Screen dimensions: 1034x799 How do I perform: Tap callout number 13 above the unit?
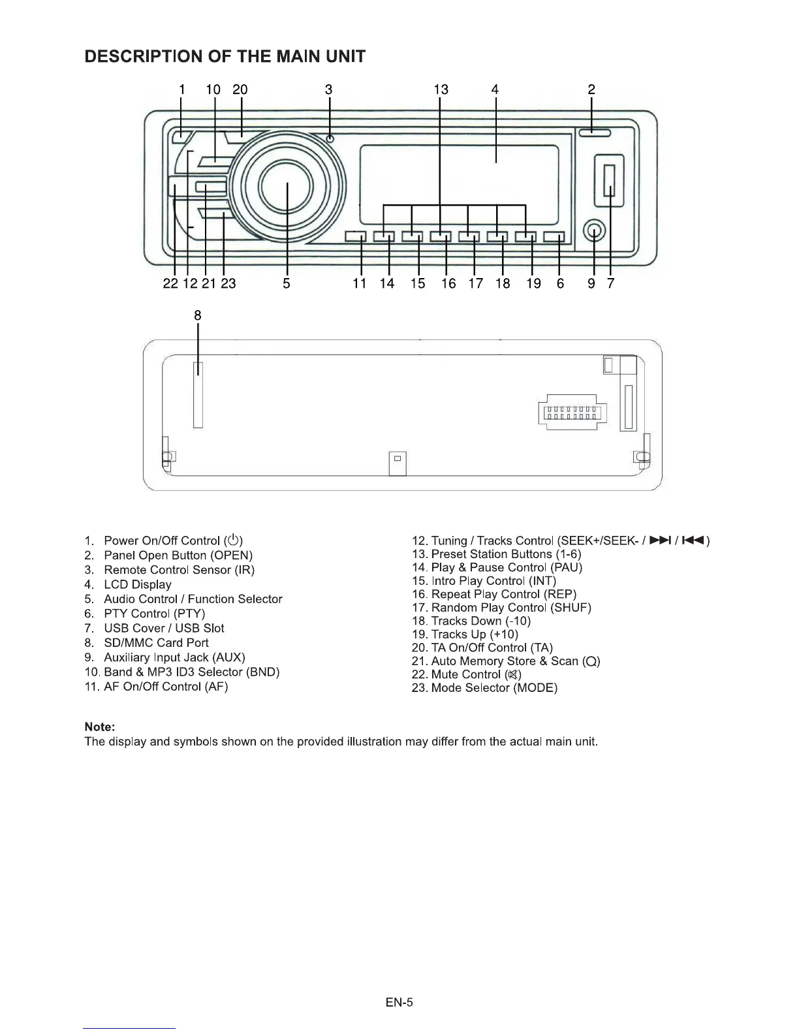point(441,89)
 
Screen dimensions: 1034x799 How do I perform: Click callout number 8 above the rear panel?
point(198,315)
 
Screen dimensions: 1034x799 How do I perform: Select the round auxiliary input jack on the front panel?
point(595,230)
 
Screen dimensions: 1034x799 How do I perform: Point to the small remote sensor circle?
point(330,138)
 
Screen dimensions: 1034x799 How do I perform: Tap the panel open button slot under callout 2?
point(593,134)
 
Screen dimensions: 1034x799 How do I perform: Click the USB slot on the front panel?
point(610,180)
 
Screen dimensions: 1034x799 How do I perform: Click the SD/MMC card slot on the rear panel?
point(198,396)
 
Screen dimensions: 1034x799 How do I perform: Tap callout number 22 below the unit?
point(170,283)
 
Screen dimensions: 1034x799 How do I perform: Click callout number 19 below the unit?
point(533,283)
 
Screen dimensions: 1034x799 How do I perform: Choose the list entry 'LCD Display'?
point(138,584)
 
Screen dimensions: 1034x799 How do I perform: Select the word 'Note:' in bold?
point(100,727)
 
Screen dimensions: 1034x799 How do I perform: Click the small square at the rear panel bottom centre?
point(397,458)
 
